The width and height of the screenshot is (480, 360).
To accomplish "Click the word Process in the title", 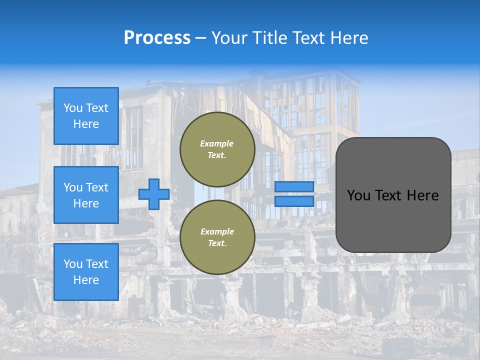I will pos(157,38).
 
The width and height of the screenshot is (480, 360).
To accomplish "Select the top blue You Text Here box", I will pos(86,116).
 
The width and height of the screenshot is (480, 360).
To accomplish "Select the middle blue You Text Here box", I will pos(86,195).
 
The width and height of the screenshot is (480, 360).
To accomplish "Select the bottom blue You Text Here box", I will pos(86,272).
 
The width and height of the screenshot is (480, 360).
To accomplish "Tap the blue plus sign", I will pos(154,194).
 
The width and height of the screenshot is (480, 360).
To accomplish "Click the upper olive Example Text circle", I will pos(217,149).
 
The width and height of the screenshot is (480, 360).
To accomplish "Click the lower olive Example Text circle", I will pos(217,237).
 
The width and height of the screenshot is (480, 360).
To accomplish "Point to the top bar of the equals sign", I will pos(294,187).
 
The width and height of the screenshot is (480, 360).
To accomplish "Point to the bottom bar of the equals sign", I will pos(294,201).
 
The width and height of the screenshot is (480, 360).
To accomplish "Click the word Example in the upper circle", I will pos(217,143).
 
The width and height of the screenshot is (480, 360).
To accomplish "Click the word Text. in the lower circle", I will pos(217,243).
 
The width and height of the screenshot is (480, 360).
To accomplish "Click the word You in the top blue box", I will pos(73,108).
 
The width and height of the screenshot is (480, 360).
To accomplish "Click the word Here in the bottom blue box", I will pos(86,280).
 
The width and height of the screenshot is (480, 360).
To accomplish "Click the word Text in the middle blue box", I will pos(97,187).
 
